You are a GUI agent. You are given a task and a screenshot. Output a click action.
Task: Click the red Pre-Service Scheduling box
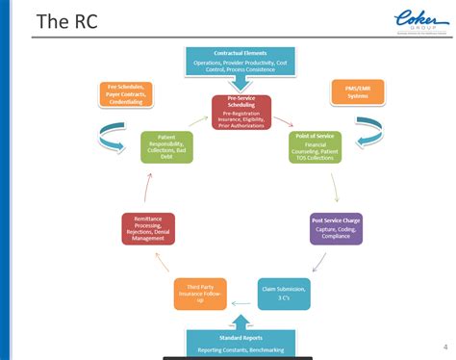(241, 112)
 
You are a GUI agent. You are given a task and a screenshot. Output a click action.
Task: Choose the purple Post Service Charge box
(337, 229)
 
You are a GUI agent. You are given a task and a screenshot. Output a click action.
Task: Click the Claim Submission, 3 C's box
(285, 294)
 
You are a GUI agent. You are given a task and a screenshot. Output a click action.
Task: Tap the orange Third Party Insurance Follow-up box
(200, 294)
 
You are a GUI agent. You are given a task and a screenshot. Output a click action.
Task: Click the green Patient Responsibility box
(166, 147)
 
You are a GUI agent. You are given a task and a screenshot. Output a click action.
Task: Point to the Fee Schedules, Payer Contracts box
(126, 95)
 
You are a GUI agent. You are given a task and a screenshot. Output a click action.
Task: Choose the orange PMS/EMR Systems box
(356, 91)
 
